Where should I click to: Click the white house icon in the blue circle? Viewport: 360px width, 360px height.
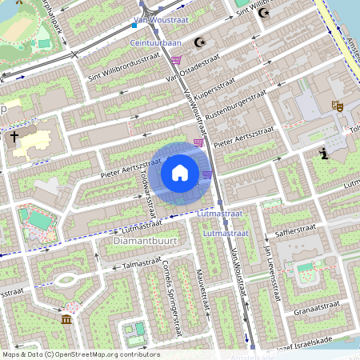[x=180, y=172]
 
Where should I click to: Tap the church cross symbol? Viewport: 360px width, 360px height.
[x=14, y=138]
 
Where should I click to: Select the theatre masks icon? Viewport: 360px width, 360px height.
[x=337, y=105]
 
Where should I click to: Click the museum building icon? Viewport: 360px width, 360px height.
[x=65, y=320]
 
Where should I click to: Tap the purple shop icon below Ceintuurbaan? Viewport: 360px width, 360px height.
[x=176, y=60]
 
